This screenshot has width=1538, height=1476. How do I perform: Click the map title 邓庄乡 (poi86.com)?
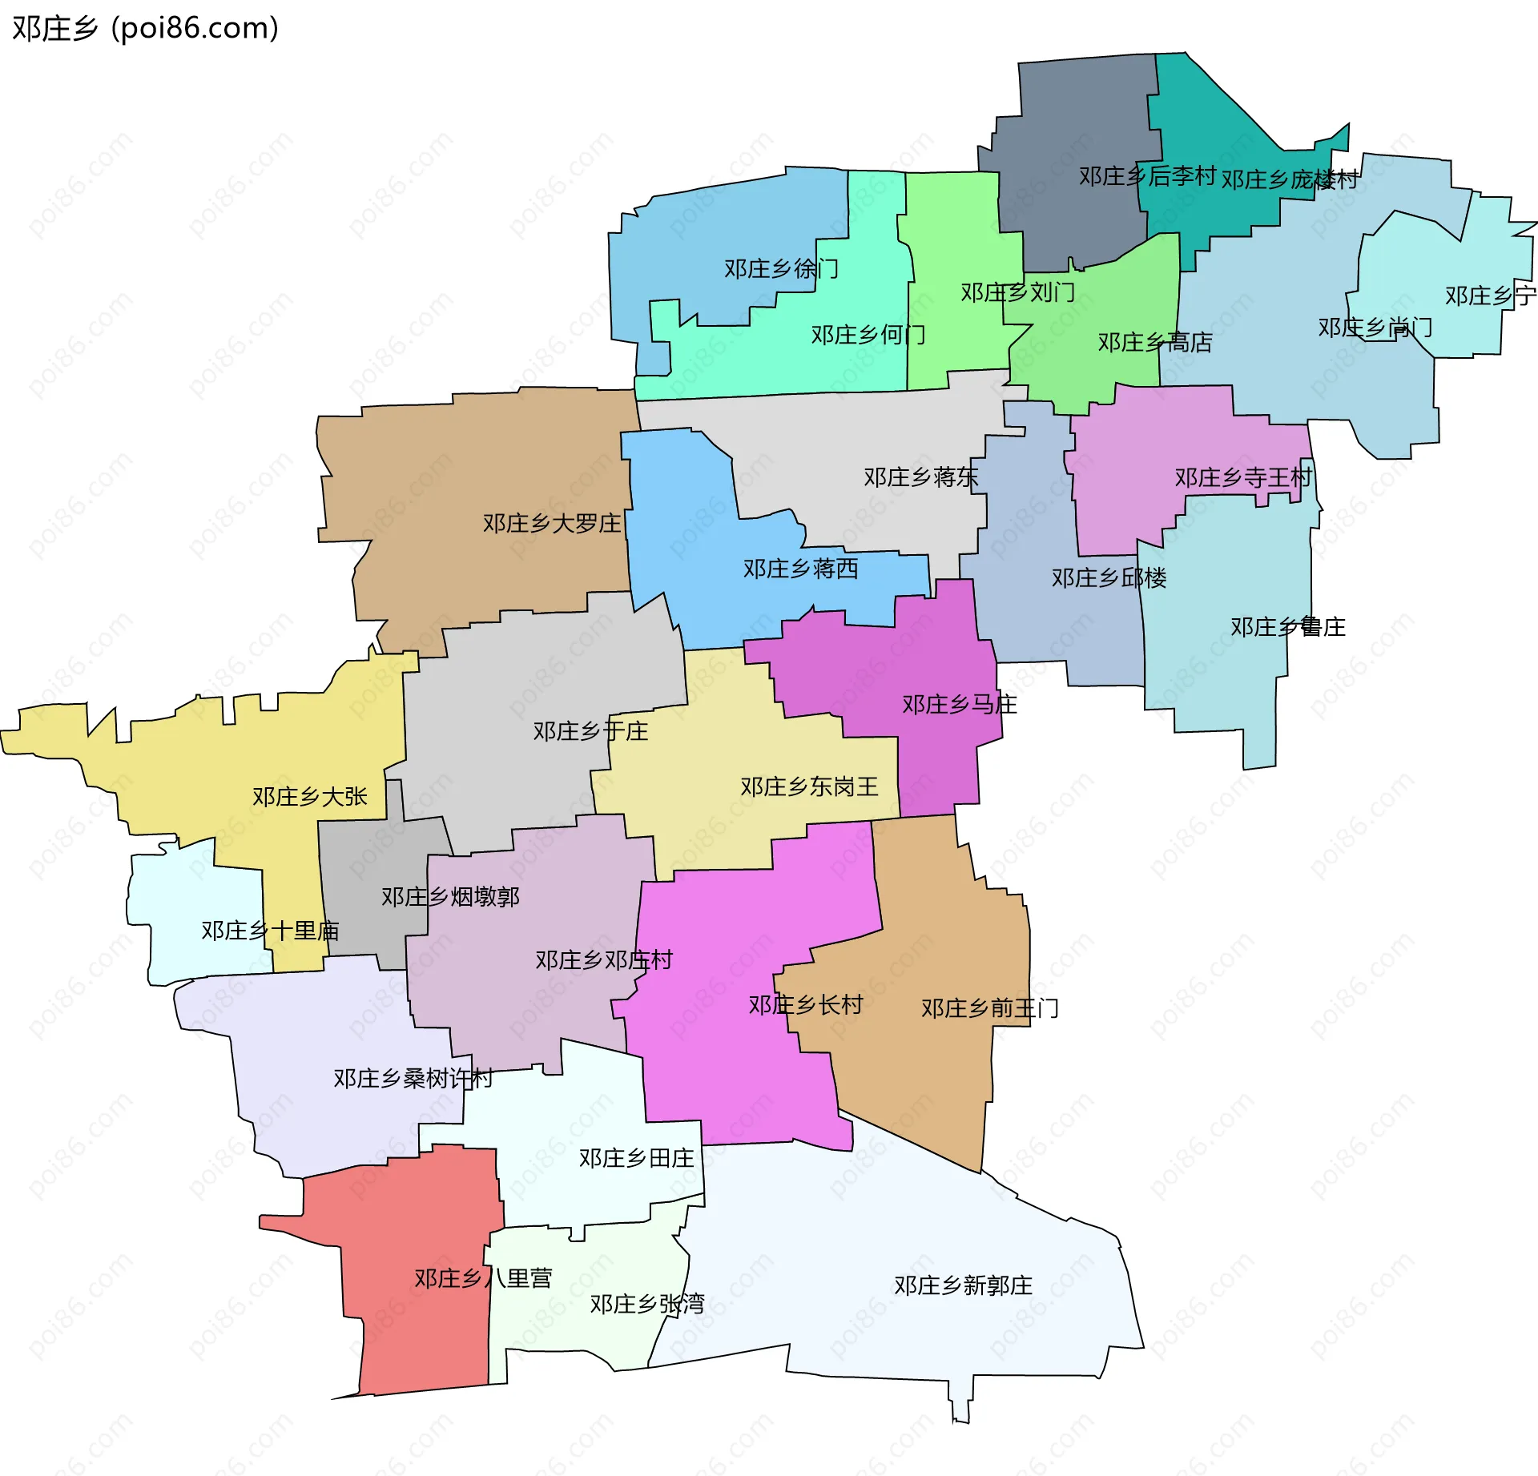[x=145, y=29]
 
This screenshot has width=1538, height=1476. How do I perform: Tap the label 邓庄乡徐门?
[x=781, y=269]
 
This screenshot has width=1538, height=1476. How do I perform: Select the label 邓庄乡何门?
[x=868, y=335]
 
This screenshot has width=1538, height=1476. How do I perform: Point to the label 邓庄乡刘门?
[x=1017, y=293]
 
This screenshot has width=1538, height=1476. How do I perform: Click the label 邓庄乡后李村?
[x=1147, y=176]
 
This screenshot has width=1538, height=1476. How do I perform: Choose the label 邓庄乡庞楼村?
[x=1289, y=180]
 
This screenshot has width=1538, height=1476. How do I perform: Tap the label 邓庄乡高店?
[x=1154, y=343]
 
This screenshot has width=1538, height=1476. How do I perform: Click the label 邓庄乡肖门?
[x=1375, y=328]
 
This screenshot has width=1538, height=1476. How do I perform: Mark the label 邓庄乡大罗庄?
[x=552, y=524]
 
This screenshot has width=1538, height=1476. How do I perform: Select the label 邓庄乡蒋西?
[x=800, y=569]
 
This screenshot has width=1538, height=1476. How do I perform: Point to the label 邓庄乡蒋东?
[x=920, y=478]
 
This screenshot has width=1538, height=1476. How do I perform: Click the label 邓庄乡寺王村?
[x=1243, y=478]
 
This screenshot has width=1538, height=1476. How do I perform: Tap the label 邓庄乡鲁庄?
[x=1287, y=627]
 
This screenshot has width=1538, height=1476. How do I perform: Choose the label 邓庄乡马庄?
[x=959, y=705]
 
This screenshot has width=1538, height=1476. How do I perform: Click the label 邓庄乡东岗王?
[x=809, y=787]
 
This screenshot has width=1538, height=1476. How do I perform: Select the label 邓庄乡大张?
[x=309, y=797]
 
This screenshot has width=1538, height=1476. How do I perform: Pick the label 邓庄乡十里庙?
[x=270, y=931]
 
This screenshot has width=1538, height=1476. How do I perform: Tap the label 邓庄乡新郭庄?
[x=963, y=1286]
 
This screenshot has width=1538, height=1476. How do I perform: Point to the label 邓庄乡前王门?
[x=989, y=1008]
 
